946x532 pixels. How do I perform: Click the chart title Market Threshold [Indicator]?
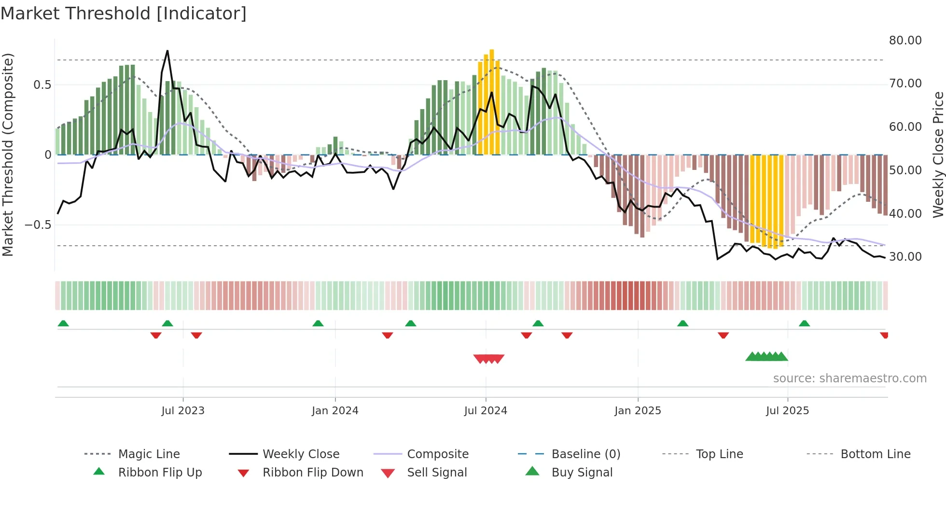pyautogui.click(x=124, y=14)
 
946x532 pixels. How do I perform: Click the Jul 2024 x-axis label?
pyautogui.click(x=486, y=410)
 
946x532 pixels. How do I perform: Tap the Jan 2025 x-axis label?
pyautogui.click(x=638, y=410)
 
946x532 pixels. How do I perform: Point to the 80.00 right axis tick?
pyautogui.click(x=905, y=41)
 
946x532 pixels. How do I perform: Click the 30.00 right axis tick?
pyautogui.click(x=905, y=257)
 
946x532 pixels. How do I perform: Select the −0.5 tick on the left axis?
pyautogui.click(x=38, y=225)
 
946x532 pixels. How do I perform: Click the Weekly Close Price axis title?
pyautogui.click(x=937, y=154)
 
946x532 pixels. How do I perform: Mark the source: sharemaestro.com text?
pyautogui.click(x=849, y=378)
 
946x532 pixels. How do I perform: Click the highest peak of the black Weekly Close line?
pyautogui.click(x=167, y=51)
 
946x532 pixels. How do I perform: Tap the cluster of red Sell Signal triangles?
pyautogui.click(x=489, y=359)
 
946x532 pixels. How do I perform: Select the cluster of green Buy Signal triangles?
pyautogui.click(x=766, y=357)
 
